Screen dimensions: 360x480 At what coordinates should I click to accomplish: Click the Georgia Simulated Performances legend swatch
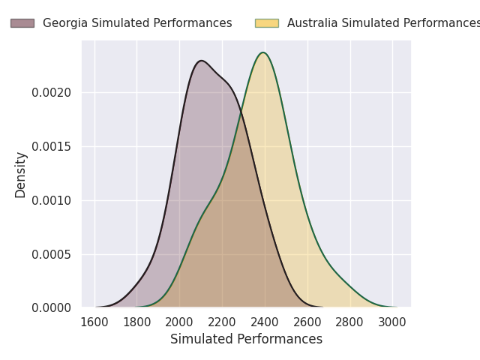point(22,23)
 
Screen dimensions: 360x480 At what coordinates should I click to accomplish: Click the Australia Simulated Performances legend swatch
point(267,23)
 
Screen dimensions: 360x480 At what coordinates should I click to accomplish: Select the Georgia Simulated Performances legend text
point(137,23)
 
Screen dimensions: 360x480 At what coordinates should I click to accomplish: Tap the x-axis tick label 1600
point(94,322)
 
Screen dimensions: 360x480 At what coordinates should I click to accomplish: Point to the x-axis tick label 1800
point(136,322)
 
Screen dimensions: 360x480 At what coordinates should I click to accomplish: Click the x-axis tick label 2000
point(179,322)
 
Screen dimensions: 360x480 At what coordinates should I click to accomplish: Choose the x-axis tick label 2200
point(222,322)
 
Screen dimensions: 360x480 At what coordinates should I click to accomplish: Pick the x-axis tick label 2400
point(264,322)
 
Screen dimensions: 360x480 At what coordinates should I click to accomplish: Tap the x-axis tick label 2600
point(307,322)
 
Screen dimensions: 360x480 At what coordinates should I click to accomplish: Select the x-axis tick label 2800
point(349,322)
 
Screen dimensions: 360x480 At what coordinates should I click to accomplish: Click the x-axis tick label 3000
point(391,322)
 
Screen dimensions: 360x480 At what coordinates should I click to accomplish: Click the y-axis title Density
point(21,175)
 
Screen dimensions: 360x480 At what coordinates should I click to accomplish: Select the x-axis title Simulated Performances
point(246,339)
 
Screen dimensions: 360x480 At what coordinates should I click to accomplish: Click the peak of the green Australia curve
point(263,52)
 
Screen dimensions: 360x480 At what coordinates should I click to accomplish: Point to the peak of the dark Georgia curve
point(201,61)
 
